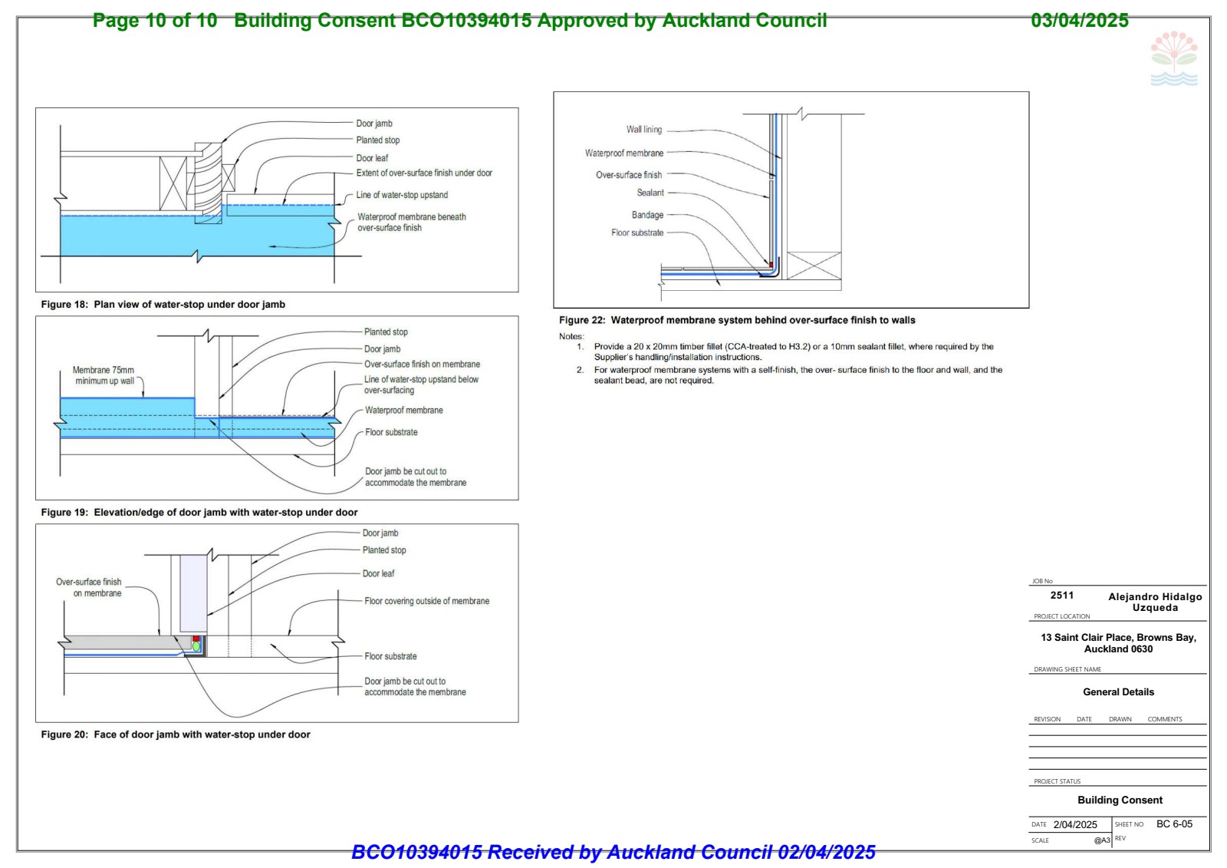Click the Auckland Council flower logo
click(x=1174, y=58)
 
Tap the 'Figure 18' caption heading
click(x=163, y=305)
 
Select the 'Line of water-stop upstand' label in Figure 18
click(x=402, y=195)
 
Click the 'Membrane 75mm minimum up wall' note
click(x=104, y=375)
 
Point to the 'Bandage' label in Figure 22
click(x=647, y=215)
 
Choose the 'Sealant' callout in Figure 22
click(x=650, y=193)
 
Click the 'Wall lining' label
click(x=644, y=130)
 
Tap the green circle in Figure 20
click(x=196, y=647)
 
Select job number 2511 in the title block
click(x=1062, y=595)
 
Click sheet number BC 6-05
click(x=1174, y=823)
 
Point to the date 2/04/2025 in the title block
click(x=1075, y=825)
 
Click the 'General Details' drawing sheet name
click(x=1119, y=692)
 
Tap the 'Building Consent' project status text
click(x=1120, y=800)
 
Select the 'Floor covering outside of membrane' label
click(x=426, y=601)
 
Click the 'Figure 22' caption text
click(x=737, y=320)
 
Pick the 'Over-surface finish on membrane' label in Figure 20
click(x=89, y=587)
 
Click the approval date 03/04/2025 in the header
click(x=1080, y=20)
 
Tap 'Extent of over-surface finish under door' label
click(x=424, y=173)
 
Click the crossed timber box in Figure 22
click(x=814, y=266)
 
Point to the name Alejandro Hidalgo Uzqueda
click(x=1155, y=602)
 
